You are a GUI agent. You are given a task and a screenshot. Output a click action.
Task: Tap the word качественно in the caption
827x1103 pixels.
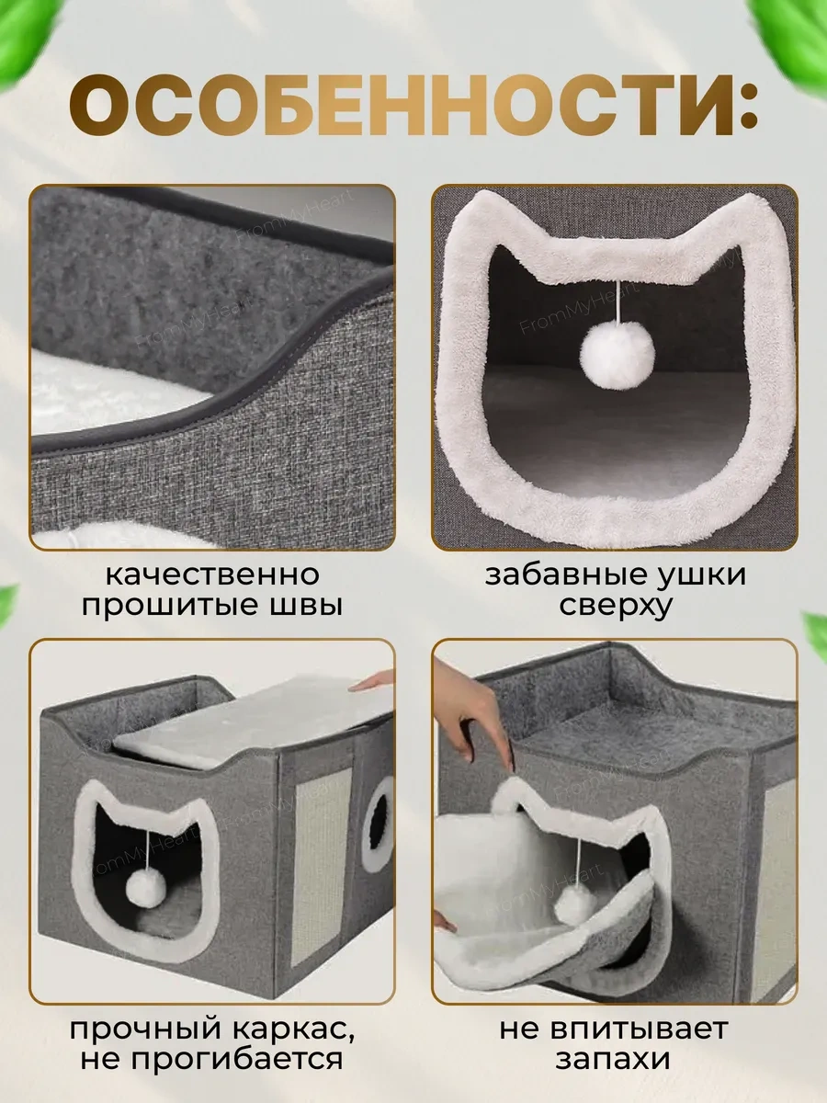[x=212, y=575]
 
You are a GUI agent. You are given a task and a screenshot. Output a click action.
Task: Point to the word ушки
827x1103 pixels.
[x=701, y=575]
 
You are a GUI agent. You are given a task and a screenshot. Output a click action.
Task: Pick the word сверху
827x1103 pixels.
[x=615, y=607]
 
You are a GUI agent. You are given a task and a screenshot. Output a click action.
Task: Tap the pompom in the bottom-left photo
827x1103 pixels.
[x=144, y=886]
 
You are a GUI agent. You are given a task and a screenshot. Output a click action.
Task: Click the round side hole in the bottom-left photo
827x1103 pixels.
[x=378, y=823]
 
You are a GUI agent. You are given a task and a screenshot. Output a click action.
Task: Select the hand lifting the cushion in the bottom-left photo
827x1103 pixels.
[x=373, y=682]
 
